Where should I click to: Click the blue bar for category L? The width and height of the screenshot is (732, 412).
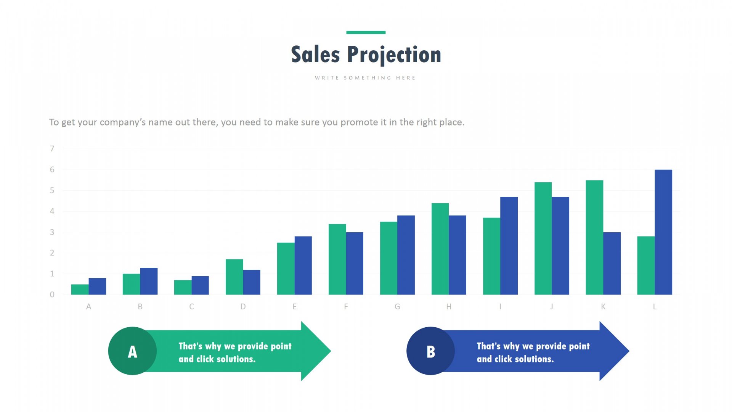[x=663, y=232]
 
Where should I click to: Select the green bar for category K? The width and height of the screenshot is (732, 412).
[x=594, y=237]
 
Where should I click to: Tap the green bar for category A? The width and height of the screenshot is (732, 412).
[x=80, y=290]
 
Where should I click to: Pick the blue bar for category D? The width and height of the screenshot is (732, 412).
[x=252, y=282]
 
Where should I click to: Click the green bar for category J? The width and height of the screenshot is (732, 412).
[x=543, y=238]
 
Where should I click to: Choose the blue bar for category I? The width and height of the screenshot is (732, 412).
[x=509, y=246]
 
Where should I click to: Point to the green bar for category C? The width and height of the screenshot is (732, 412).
[x=183, y=287]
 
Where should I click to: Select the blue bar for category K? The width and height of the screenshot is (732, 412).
[x=612, y=263]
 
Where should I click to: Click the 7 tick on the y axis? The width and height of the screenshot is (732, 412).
[x=52, y=149]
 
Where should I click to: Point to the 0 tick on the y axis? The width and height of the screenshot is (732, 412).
[x=52, y=295]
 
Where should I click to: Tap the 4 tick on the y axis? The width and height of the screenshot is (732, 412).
[x=52, y=211]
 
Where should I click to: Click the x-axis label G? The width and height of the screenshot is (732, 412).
[x=397, y=307]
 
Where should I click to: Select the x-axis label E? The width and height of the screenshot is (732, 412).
[x=294, y=307]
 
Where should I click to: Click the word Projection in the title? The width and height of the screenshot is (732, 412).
[x=394, y=55]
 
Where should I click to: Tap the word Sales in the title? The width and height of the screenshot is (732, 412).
[x=315, y=54]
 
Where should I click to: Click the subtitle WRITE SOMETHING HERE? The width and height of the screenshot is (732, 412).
[x=365, y=78]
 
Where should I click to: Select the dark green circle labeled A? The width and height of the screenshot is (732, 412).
[x=132, y=351]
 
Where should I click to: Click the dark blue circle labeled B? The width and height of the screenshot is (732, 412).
[x=430, y=351]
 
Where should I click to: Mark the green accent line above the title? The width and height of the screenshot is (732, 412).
[x=366, y=32]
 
